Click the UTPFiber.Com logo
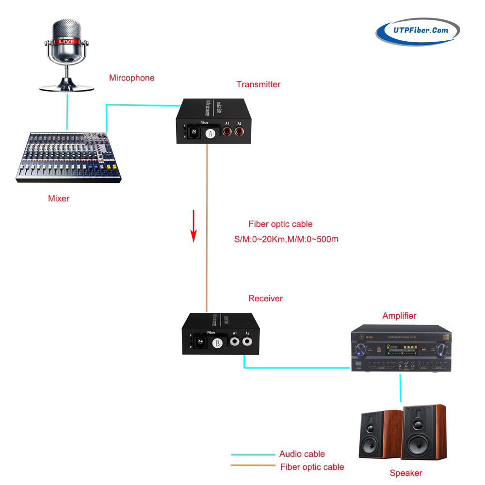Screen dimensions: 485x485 418,32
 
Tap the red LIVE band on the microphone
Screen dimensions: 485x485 66,42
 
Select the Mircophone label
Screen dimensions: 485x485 131,78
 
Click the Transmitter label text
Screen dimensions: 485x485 258,84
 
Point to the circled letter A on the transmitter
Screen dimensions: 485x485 210,134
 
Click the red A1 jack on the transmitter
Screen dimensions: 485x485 226,131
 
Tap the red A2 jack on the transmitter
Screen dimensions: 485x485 238,131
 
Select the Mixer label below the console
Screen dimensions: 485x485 59,198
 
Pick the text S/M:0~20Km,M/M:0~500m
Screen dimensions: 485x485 286,239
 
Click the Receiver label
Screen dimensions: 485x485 265,298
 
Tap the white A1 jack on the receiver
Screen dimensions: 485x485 235,342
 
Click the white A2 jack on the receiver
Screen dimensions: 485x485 247,342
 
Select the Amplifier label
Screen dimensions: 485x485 399,316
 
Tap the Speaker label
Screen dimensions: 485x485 406,473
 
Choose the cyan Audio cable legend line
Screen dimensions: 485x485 254,454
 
